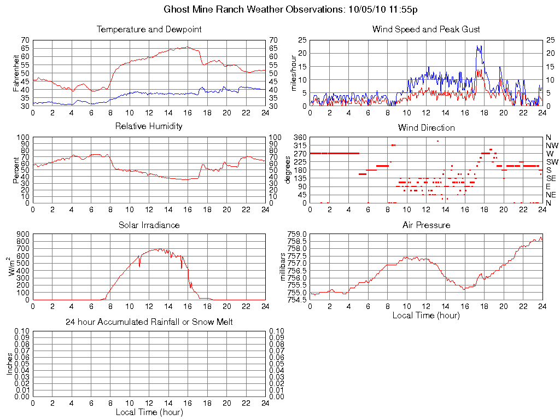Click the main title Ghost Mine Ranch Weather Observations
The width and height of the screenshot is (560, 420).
[x=291, y=9]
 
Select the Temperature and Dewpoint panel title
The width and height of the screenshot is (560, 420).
[x=149, y=29]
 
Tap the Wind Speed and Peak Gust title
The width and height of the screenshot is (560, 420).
[x=426, y=29]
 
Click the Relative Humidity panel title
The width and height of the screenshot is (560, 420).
[x=149, y=126]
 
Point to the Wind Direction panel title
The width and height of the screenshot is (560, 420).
[x=426, y=127]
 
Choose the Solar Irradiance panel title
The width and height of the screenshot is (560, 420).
[x=149, y=225]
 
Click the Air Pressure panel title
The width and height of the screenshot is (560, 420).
[x=426, y=225]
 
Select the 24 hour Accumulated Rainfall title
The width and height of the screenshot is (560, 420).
[x=149, y=322]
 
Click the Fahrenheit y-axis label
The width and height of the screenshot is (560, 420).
[x=16, y=73]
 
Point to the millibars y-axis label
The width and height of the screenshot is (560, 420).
[x=283, y=267]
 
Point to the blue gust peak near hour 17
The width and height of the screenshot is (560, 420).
[x=478, y=46]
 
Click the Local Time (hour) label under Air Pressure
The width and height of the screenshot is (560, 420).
[x=426, y=315]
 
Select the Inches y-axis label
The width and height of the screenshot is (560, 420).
[x=9, y=364]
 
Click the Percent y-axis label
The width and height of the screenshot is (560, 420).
[x=16, y=170]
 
